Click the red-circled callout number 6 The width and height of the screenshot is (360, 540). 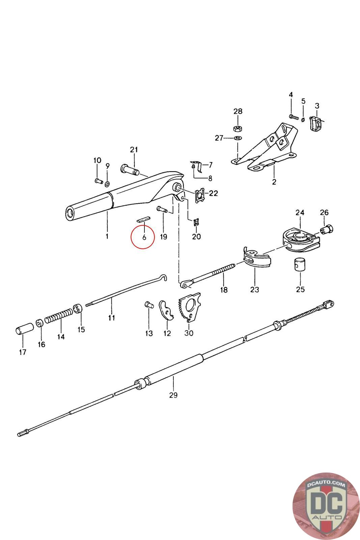(144, 237)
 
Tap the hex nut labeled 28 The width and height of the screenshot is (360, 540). (238, 128)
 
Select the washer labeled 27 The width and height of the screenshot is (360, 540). (238, 138)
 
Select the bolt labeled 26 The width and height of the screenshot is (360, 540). (327, 230)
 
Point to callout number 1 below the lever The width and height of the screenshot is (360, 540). (107, 236)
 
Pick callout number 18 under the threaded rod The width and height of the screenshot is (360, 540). (224, 290)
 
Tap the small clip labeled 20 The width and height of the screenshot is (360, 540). (196, 222)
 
